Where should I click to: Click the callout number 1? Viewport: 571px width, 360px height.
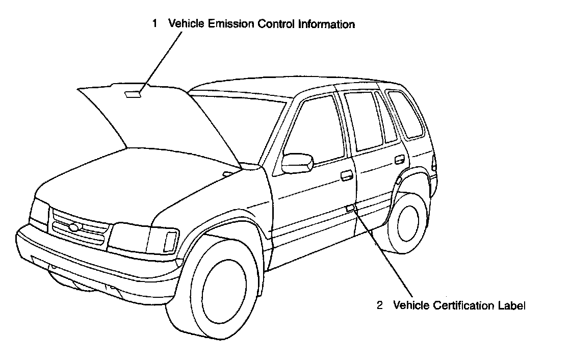pyautogui.click(x=154, y=24)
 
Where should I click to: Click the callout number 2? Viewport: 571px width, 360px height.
pyautogui.click(x=379, y=306)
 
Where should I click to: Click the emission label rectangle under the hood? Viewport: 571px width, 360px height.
pyautogui.click(x=133, y=94)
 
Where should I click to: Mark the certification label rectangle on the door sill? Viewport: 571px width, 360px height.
pyautogui.click(x=350, y=208)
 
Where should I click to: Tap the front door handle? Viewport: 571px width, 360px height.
pyautogui.click(x=347, y=175)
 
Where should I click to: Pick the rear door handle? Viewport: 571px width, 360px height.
pyautogui.click(x=399, y=160)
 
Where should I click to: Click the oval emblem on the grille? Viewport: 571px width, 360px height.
pyautogui.click(x=74, y=228)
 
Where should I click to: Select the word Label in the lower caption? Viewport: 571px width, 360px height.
pyautogui.click(x=511, y=306)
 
